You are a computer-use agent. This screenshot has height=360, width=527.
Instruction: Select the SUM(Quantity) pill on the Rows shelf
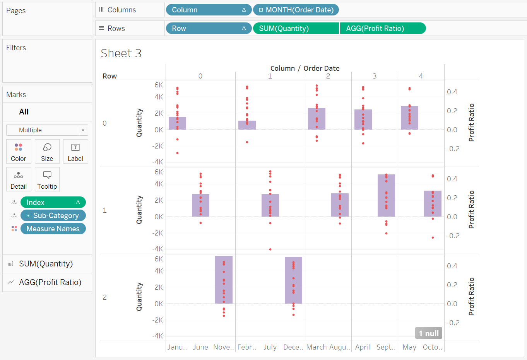point(296,29)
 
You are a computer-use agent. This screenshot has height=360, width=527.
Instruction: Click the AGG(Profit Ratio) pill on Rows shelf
point(382,29)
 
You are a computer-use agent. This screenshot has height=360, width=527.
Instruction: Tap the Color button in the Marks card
point(19,152)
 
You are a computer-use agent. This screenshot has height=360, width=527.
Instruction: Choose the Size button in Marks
point(47,152)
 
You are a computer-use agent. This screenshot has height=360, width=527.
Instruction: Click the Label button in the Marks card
point(75,152)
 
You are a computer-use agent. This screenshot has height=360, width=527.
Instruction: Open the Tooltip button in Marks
point(47,179)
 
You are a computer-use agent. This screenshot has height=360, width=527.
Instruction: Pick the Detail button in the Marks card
point(19,179)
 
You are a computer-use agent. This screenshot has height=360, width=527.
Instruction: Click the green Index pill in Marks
point(53,203)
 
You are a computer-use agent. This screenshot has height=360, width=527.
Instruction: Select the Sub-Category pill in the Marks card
point(53,216)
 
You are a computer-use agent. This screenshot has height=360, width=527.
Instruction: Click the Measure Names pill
point(53,229)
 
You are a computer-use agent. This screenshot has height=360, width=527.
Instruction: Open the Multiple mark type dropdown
point(47,130)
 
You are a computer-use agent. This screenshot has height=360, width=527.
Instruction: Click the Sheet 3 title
point(121,53)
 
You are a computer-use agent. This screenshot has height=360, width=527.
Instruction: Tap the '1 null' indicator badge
point(429,333)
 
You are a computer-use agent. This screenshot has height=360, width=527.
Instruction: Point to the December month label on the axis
point(293,347)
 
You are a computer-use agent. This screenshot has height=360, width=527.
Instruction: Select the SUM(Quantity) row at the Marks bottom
point(46,264)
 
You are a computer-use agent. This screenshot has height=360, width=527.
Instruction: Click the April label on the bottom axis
point(363,347)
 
